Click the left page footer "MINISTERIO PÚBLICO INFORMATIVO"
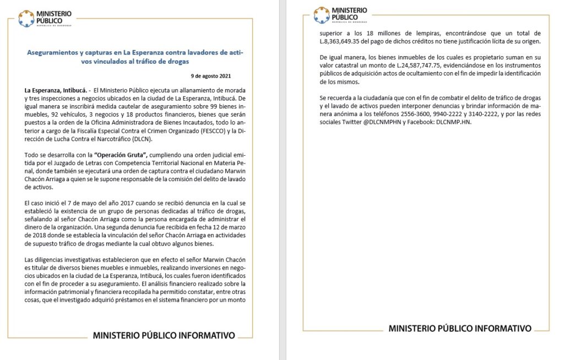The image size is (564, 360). [164, 335]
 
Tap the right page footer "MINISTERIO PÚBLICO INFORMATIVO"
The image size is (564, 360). [460, 329]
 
